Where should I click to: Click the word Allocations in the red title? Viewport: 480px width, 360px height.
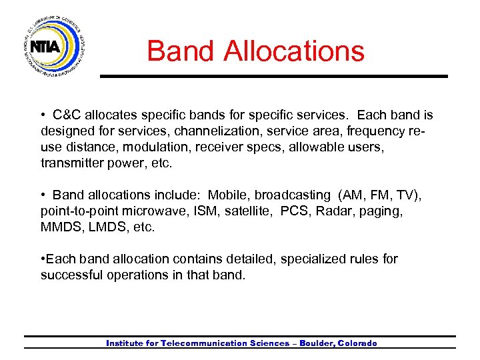[294, 51]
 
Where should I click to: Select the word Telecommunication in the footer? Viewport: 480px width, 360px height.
[196, 343]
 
